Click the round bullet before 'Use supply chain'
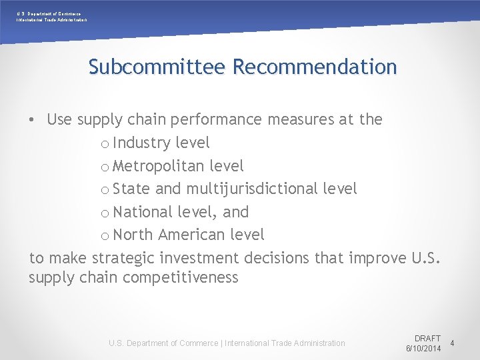pyautogui.click(x=32, y=121)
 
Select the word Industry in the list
pyautogui.click(x=142, y=143)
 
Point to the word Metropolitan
pyautogui.click(x=159, y=166)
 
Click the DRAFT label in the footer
pyautogui.click(x=427, y=339)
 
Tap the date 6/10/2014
pyautogui.click(x=424, y=349)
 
